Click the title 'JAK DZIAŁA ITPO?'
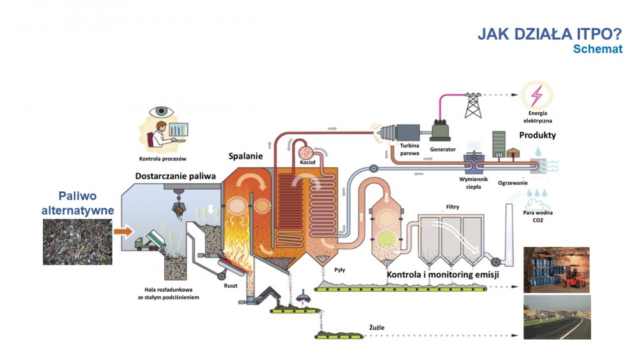550,35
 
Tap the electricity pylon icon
473,104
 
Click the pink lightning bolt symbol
539,95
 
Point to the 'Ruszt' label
231,285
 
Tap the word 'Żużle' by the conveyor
377,328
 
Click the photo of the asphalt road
557,317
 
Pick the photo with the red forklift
557,269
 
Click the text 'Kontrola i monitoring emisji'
443,275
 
